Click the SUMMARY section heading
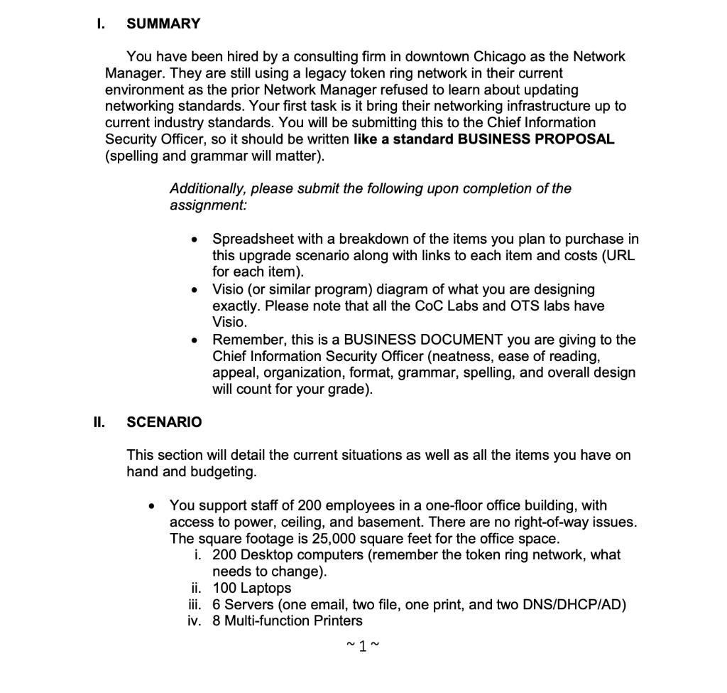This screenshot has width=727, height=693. coord(163,23)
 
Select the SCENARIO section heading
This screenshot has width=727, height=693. coord(164,422)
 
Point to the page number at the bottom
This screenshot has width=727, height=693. coord(363,646)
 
